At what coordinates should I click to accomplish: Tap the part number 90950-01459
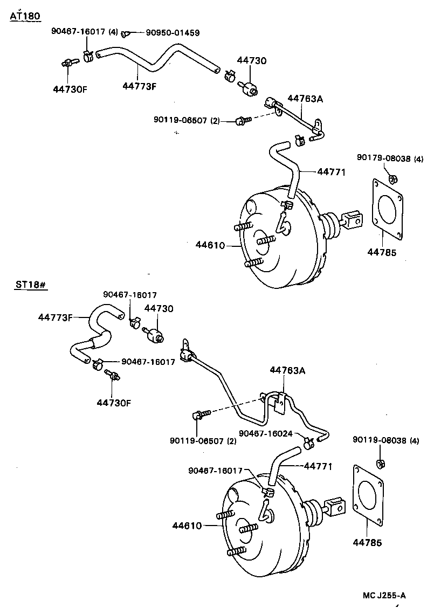[173, 33]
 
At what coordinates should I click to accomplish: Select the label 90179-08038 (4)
[390, 158]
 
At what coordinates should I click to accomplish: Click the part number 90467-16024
[266, 433]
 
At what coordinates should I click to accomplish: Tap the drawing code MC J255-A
[384, 596]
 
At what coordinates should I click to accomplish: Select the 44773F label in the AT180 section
[139, 86]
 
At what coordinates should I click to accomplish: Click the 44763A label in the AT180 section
[305, 98]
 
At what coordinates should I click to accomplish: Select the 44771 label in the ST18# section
[318, 466]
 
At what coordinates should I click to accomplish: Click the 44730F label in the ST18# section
[114, 402]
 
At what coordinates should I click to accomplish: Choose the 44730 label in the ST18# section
[159, 308]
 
